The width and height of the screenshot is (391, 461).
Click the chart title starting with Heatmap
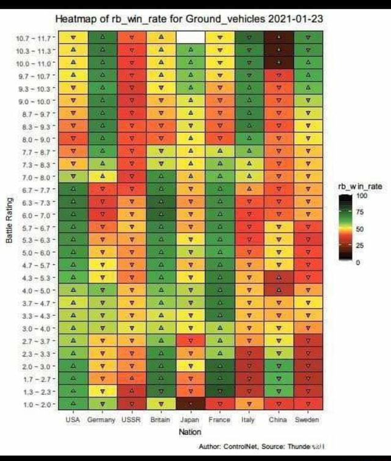pyautogui.click(x=189, y=19)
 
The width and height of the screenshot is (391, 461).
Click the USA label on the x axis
pyautogui.click(x=73, y=419)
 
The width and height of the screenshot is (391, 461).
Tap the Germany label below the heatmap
pyautogui.click(x=101, y=419)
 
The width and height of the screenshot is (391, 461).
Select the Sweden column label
pyautogui.click(x=307, y=419)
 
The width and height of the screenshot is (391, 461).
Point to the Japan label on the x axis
pyautogui.click(x=190, y=419)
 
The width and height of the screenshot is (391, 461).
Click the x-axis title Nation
pyautogui.click(x=190, y=432)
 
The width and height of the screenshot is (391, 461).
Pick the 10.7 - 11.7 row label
pyautogui.click(x=34, y=38)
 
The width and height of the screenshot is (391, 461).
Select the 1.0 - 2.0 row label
pyautogui.click(x=34, y=404)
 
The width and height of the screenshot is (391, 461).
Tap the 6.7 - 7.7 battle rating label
pyautogui.click(x=34, y=191)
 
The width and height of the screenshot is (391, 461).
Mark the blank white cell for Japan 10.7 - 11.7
pyautogui.click(x=190, y=37)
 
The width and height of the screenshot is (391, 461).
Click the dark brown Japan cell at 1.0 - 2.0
pyautogui.click(x=190, y=404)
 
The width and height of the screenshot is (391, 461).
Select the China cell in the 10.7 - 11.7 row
pyautogui.click(x=278, y=37)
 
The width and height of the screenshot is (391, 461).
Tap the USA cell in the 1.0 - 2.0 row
pyautogui.click(x=73, y=404)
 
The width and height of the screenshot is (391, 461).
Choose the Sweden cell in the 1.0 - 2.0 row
pyautogui.click(x=307, y=404)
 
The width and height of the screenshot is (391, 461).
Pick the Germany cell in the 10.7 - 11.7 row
pyautogui.click(x=102, y=37)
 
